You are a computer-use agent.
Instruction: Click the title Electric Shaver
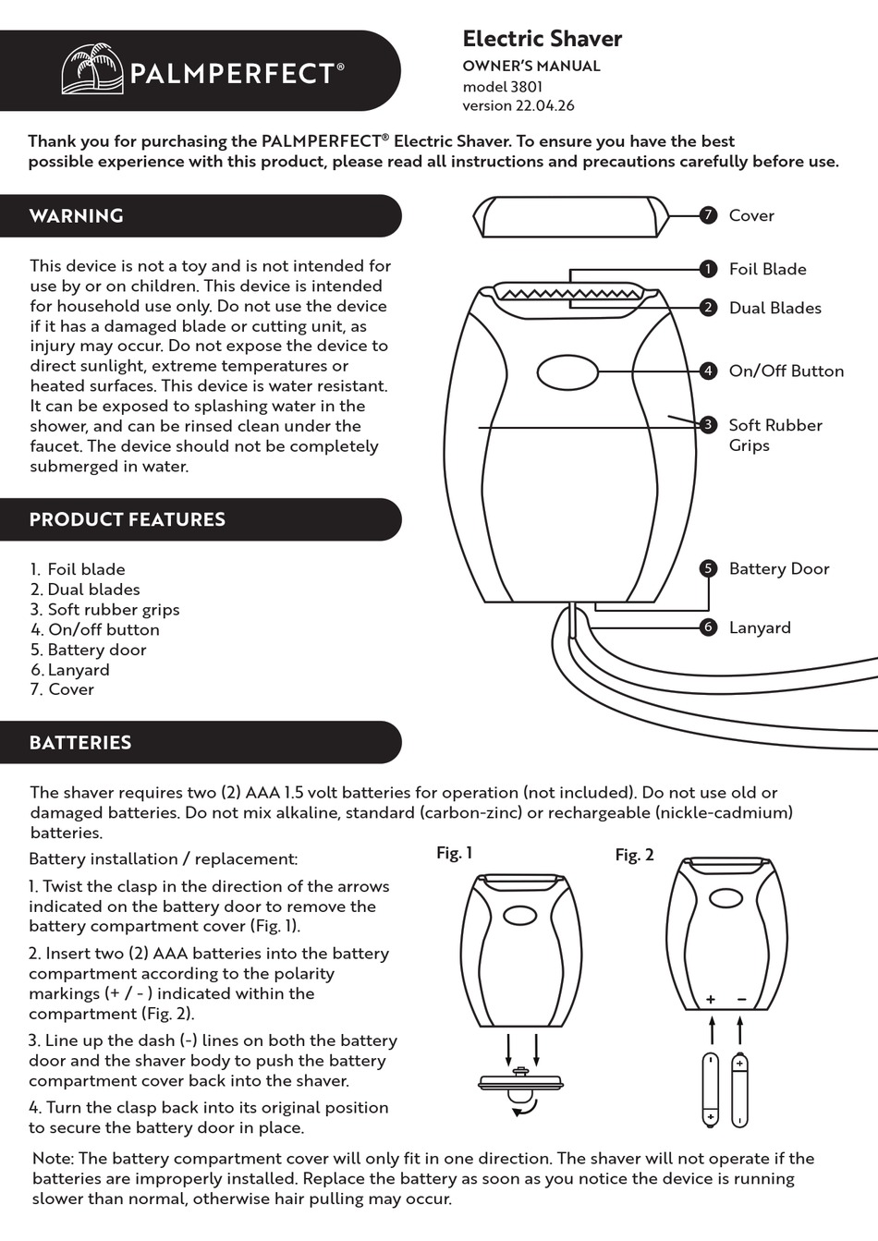(542, 39)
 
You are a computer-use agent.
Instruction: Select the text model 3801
(502, 86)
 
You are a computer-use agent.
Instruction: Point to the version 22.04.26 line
(518, 105)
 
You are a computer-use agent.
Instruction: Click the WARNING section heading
(76, 216)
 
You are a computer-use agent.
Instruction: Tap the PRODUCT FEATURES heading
(127, 519)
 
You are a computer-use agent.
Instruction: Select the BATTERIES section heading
(79, 743)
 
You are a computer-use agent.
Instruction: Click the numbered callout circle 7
(708, 215)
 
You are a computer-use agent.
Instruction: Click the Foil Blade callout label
(767, 269)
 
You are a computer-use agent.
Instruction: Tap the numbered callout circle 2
(708, 308)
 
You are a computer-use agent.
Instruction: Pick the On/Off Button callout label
(786, 371)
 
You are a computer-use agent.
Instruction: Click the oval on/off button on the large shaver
(567, 372)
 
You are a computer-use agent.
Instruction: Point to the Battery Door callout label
(778, 568)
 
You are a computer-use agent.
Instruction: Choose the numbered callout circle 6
(708, 627)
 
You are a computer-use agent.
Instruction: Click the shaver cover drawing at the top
(570, 217)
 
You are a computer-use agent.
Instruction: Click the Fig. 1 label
(454, 853)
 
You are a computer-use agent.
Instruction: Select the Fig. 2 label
(634, 855)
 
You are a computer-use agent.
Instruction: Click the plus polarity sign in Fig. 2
(711, 999)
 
